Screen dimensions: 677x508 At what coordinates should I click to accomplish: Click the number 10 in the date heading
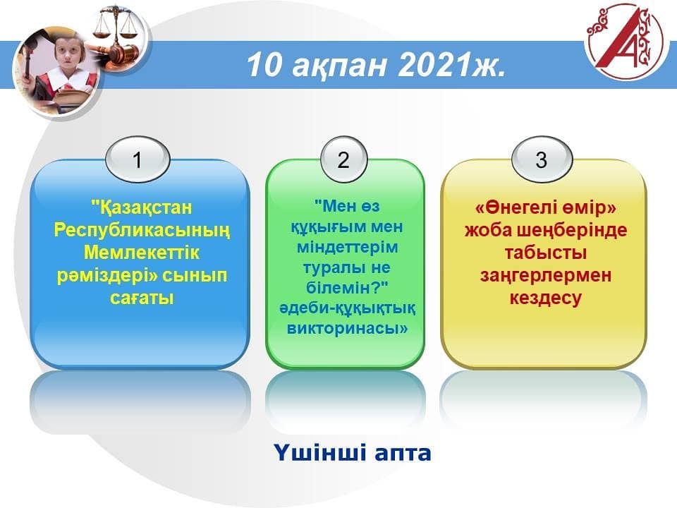click(264, 65)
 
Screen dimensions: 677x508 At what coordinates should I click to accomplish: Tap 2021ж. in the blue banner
click(451, 65)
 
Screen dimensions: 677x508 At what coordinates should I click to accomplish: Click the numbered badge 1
click(138, 159)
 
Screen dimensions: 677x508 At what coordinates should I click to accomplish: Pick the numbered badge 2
click(343, 159)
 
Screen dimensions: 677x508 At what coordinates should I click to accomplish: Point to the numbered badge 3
click(542, 159)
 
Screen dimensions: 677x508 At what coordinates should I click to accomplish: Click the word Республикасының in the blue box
click(142, 231)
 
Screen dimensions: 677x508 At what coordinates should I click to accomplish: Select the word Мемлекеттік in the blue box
click(142, 253)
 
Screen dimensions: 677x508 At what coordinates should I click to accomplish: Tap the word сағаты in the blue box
click(142, 298)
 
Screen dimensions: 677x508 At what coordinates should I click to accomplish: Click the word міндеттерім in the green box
click(347, 247)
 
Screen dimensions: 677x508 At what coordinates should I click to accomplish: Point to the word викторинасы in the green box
click(344, 328)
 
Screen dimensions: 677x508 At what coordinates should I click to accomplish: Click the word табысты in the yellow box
click(546, 253)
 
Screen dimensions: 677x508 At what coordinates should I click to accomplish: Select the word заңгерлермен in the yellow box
click(546, 276)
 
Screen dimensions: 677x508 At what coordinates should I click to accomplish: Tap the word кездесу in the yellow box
click(546, 298)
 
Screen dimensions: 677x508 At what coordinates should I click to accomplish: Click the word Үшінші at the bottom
click(320, 453)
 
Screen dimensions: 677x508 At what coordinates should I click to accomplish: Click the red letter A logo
click(626, 41)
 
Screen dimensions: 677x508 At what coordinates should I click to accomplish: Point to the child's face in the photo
click(70, 55)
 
